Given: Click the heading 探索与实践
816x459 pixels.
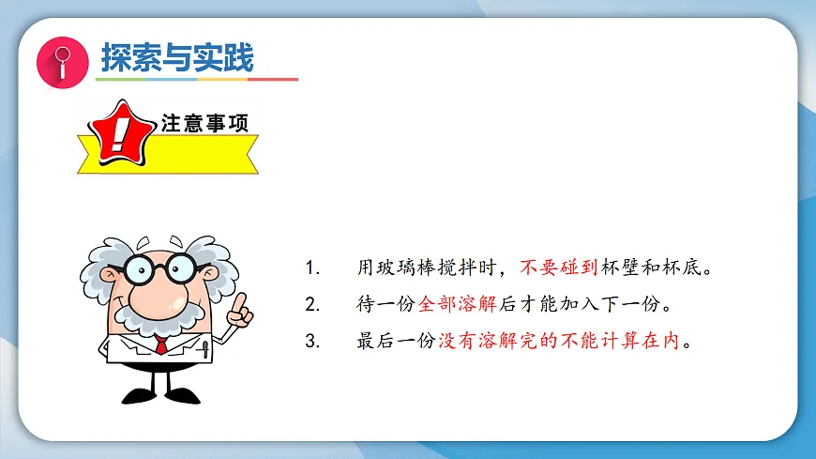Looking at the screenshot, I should [177, 58].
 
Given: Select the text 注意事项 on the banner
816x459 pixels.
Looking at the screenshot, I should [204, 123].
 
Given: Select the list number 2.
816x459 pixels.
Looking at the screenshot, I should [311, 304].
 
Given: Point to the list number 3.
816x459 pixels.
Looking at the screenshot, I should [311, 341].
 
